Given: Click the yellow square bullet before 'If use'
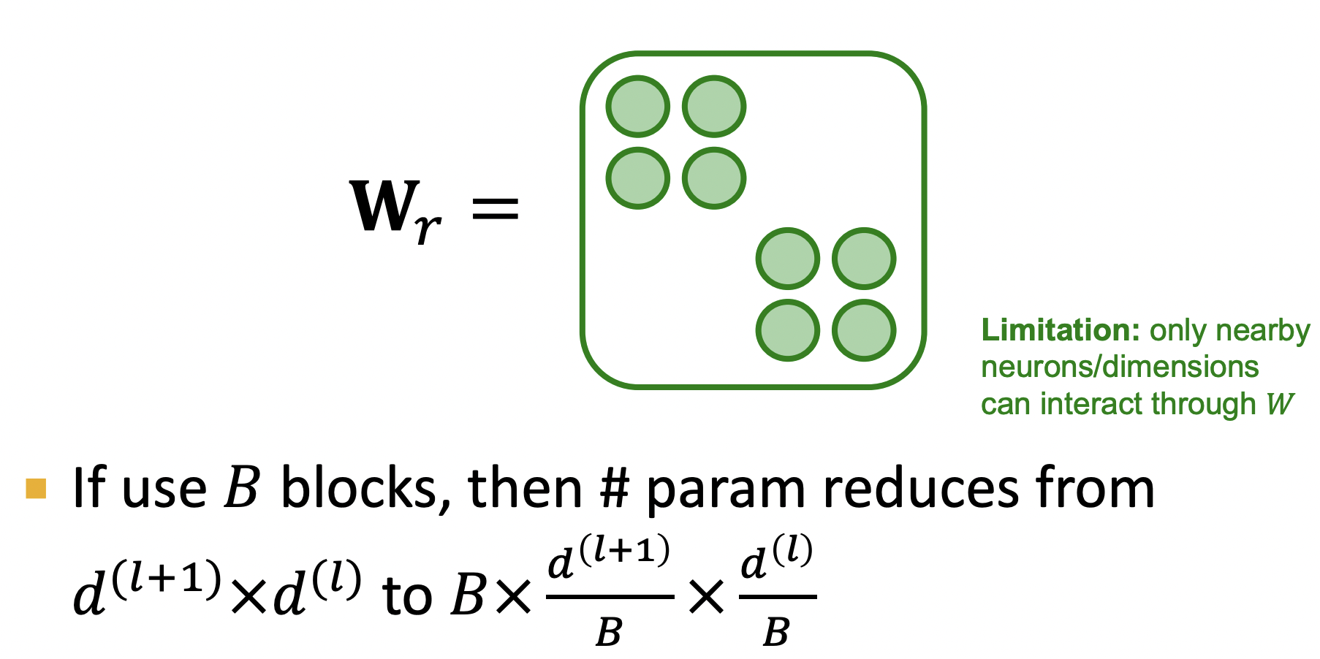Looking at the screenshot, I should point(36,488).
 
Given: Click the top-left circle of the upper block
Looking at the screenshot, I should point(638,107).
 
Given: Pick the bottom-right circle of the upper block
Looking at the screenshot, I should point(714,178).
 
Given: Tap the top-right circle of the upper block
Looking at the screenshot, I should point(714,107).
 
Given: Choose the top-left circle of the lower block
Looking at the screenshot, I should point(788,259).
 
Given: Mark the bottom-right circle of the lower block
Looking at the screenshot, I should point(864,330).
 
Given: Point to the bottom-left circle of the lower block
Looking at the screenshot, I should point(788,330).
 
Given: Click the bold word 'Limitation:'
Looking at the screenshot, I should point(1061,330).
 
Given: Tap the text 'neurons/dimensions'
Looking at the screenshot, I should point(1119,367).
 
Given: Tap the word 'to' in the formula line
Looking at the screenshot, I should point(406,596).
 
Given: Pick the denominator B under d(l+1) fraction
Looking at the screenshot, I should point(609,632).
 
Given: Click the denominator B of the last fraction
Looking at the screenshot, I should point(776,632).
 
